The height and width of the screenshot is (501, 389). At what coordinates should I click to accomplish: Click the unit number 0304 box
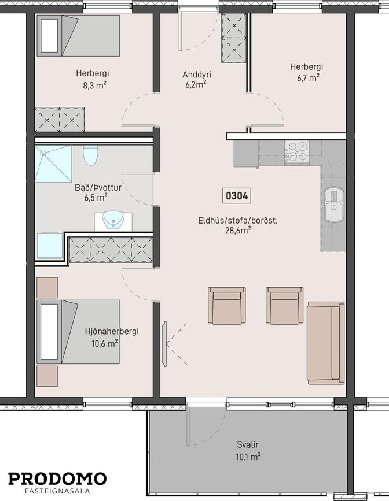237,195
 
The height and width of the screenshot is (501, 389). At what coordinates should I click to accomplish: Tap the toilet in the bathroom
90,155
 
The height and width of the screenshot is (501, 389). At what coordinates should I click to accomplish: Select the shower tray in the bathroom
53,164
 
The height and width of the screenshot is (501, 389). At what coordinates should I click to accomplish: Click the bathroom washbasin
113,221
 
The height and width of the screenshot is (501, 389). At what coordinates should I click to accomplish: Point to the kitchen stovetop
297,153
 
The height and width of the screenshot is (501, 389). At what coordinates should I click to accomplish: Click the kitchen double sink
334,205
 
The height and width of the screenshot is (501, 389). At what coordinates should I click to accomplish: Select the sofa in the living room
326,343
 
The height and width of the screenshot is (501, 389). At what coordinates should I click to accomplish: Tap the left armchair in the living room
227,306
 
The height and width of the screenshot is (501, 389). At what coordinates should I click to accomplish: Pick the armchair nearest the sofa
285,306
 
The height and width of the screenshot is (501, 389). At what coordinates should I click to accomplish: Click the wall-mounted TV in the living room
164,344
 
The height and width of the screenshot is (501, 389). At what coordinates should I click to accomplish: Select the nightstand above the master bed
47,288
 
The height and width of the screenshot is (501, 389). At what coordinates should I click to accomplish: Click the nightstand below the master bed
47,376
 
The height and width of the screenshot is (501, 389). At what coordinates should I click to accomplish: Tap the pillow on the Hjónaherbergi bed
49,332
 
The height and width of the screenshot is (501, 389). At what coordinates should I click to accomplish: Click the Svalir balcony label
248,444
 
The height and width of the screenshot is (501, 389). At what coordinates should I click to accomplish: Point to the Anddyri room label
197,75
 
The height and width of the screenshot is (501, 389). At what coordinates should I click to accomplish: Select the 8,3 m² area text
95,86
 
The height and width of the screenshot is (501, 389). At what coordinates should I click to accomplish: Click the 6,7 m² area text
309,78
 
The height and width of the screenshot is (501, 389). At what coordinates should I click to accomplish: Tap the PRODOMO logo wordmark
57,478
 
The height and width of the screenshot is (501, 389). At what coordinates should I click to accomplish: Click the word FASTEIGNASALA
57,491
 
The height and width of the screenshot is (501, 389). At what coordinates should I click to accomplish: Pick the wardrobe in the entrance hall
234,38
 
